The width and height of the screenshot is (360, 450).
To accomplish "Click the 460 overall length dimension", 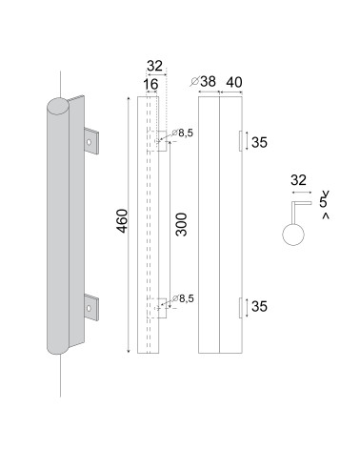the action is click(123, 221).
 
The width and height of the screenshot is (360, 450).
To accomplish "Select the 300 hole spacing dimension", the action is click(182, 224).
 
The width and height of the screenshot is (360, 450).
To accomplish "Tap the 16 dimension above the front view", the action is click(150, 84).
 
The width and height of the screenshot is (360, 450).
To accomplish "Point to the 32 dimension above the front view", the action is click(154, 66).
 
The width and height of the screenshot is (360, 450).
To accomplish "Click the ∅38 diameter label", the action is click(203, 82).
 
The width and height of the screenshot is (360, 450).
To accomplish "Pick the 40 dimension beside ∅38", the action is click(234, 82).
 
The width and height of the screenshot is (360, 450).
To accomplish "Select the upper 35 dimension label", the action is click(259, 142).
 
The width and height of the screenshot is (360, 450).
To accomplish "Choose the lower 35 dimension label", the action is click(259, 307).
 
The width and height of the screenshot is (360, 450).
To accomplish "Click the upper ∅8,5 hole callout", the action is click(182, 133).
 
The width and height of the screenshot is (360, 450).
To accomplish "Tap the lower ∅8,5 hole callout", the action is click(183, 298).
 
